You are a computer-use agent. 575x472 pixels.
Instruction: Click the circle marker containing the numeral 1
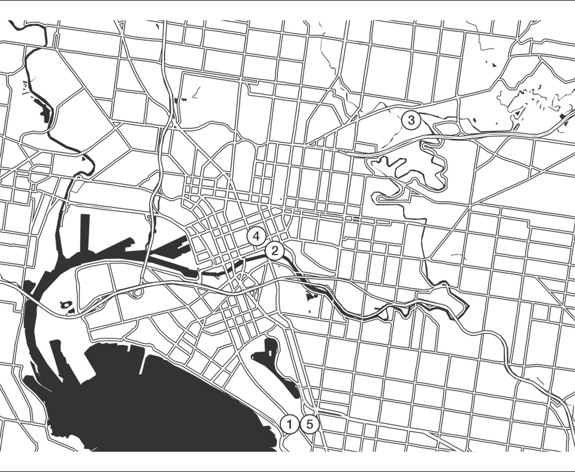tap(290, 424)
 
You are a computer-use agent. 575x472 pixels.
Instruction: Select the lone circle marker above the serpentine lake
tap(411, 120)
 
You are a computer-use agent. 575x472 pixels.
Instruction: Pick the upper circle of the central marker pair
tap(257, 235)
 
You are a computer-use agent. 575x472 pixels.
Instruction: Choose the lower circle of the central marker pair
tap(276, 250)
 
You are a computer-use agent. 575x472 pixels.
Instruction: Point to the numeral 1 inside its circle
tap(290, 424)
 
